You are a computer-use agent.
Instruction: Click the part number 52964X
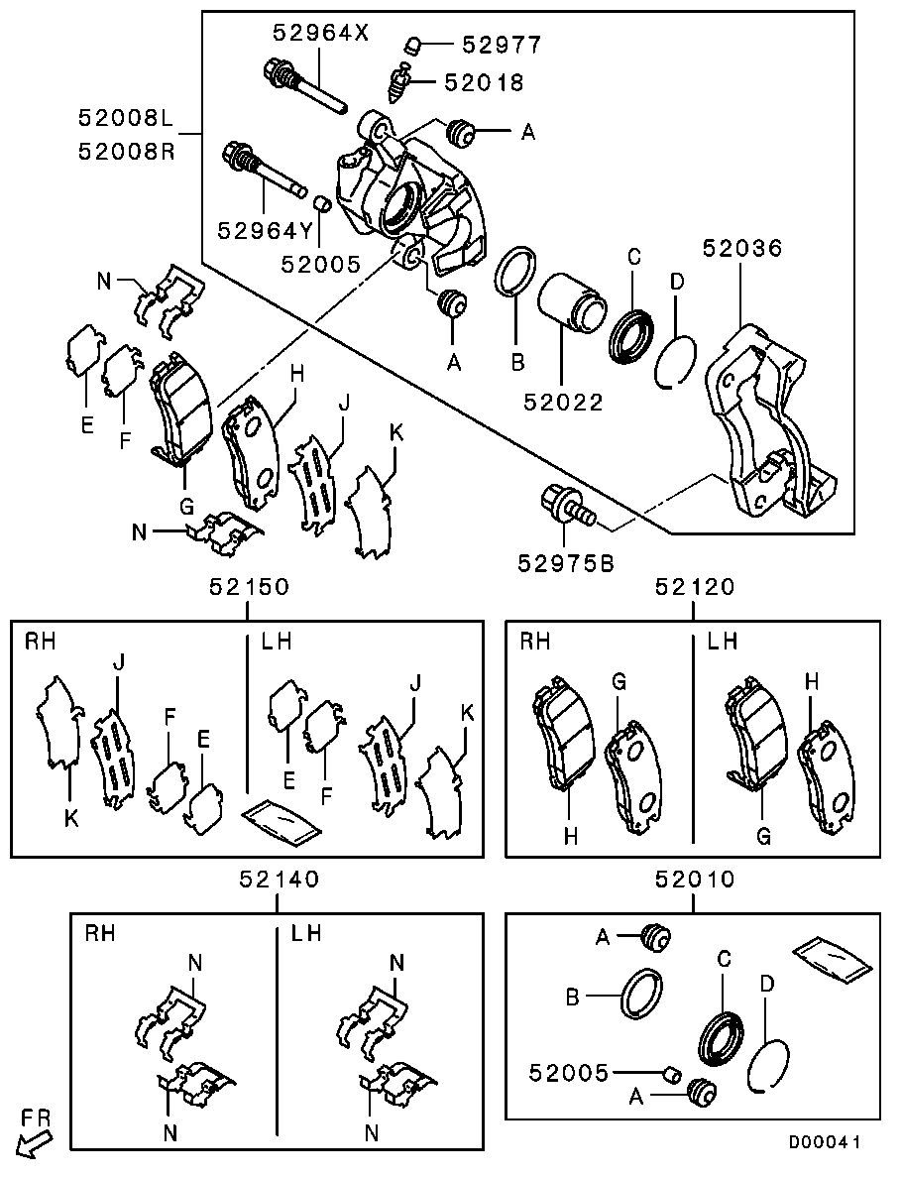pos(320,33)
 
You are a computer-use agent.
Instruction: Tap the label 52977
pos(502,45)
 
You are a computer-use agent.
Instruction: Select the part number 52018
pos(484,83)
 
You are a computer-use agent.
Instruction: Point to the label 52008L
pos(126,120)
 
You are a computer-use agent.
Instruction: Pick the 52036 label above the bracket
pos(742,249)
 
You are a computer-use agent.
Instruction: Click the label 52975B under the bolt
pos(566,563)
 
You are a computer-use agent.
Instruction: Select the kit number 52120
pos(694,587)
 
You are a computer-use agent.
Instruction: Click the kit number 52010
pos(694,879)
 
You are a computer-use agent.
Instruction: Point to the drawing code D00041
pos(824,1143)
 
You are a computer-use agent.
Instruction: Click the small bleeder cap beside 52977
pos(416,44)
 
